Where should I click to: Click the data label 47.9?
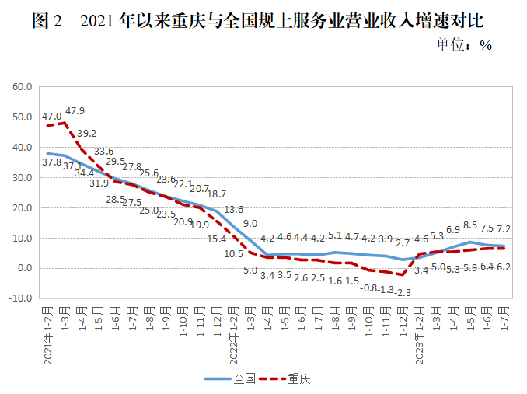click(x=75, y=110)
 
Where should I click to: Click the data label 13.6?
click(x=233, y=210)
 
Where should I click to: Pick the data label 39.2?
click(x=86, y=133)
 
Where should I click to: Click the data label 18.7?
click(x=216, y=194)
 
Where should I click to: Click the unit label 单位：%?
click(x=465, y=45)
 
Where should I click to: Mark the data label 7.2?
click(x=503, y=229)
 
